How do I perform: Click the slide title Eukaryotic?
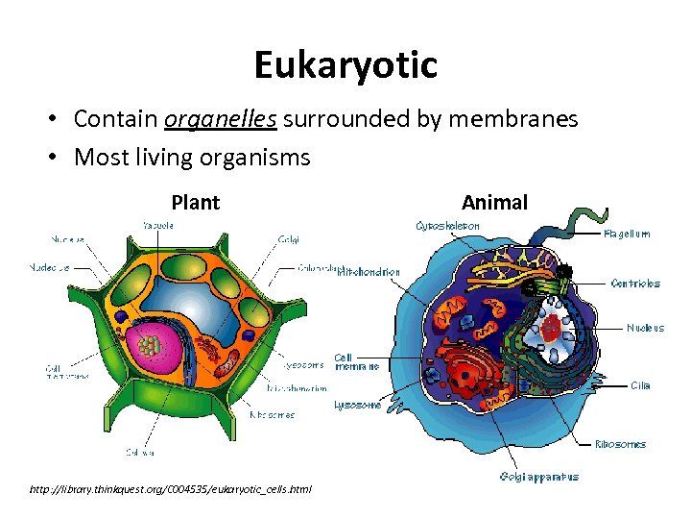tap(345, 65)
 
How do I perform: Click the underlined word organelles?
tap(221, 118)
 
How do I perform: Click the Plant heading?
tap(195, 203)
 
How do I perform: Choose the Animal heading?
tap(494, 202)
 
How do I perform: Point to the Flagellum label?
tap(628, 234)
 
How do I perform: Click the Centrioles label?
tap(635, 284)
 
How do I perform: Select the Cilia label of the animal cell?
tap(640, 385)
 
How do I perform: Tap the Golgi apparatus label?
tap(538, 477)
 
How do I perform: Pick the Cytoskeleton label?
tap(447, 226)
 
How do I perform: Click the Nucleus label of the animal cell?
tap(645, 328)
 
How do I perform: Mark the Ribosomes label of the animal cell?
tap(620, 444)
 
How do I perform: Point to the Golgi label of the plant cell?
tap(288, 238)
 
